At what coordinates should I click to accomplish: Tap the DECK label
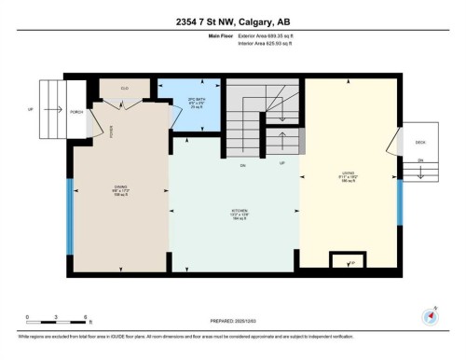[x=419, y=142]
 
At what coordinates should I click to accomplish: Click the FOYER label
[x=111, y=132]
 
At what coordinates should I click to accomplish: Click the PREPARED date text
[x=234, y=320]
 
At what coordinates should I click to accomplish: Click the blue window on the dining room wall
[x=68, y=215]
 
